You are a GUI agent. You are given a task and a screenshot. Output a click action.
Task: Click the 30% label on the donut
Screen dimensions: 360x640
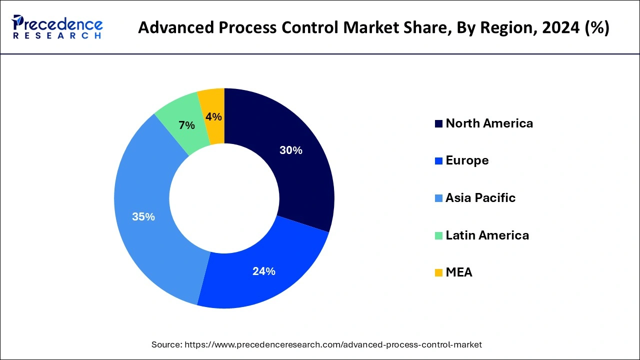(x=290, y=150)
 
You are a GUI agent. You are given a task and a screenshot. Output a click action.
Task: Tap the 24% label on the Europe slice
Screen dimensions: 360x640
(x=263, y=271)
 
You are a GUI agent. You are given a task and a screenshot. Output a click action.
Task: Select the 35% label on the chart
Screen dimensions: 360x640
(x=143, y=217)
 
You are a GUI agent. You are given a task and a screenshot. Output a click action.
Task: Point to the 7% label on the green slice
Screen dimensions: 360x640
(x=186, y=125)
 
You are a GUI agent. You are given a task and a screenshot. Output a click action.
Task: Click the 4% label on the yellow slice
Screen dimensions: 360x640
(x=213, y=117)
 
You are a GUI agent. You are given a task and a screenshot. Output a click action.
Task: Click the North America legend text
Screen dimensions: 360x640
(x=489, y=123)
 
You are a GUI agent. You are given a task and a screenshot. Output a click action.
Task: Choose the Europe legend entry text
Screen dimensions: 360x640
(x=467, y=160)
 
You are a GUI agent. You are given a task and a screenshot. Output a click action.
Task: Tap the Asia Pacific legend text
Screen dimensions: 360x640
(x=480, y=198)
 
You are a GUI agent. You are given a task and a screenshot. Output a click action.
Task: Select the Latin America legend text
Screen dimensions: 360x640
(x=487, y=235)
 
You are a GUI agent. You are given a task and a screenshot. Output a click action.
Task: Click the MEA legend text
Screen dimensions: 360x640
(x=458, y=272)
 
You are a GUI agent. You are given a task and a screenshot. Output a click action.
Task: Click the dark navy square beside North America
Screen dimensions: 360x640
(x=439, y=124)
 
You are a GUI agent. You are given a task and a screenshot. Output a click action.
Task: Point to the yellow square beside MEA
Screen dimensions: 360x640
(x=439, y=273)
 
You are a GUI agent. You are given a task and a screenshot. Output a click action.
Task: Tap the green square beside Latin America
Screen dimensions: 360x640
(x=439, y=235)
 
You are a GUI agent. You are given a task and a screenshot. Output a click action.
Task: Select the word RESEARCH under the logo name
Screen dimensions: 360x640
(x=57, y=36)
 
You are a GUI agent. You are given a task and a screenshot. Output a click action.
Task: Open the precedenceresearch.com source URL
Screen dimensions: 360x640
(x=333, y=344)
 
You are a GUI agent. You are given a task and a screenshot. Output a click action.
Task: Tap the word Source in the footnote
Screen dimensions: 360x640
(x=166, y=344)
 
